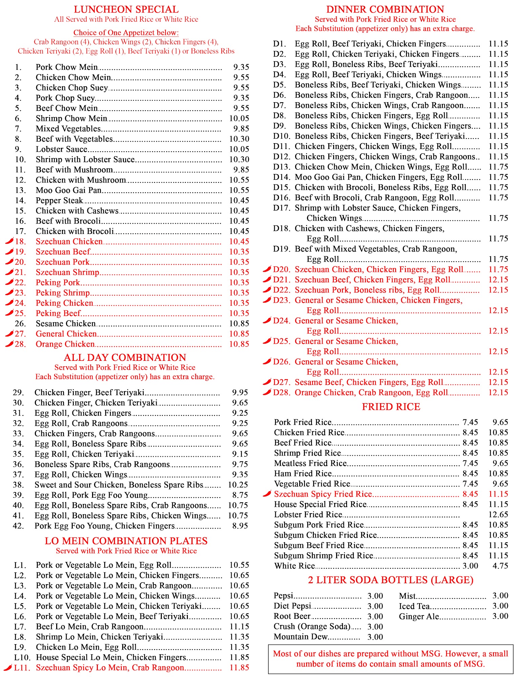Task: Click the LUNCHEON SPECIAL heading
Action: (x=126, y=9)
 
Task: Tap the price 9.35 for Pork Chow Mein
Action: (x=241, y=67)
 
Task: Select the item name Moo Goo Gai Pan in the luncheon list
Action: (x=69, y=190)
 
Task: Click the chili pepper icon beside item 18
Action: (x=9, y=241)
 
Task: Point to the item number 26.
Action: (x=20, y=324)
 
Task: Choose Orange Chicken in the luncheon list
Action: (x=65, y=344)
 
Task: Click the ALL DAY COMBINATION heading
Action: (x=125, y=357)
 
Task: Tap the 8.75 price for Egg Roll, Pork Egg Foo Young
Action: (x=240, y=495)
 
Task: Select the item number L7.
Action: (x=20, y=627)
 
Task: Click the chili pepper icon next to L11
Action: (x=8, y=668)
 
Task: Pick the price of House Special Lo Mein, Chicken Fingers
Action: (x=239, y=657)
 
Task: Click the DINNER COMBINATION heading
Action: (x=385, y=9)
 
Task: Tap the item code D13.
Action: (x=281, y=167)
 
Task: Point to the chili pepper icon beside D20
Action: (x=267, y=269)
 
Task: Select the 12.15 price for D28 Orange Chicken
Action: (x=498, y=393)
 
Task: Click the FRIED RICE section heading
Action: (x=391, y=407)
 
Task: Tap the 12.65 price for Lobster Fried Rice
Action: (x=498, y=515)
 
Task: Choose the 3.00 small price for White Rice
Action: (x=470, y=566)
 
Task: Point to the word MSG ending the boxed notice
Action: (x=474, y=664)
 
